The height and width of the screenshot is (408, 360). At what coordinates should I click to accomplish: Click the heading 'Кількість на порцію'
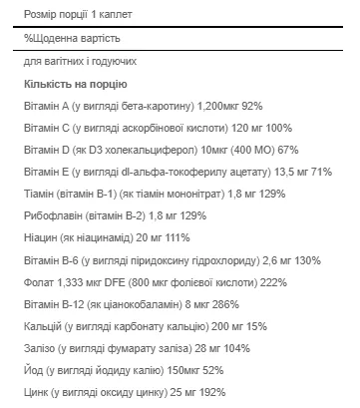point(75,86)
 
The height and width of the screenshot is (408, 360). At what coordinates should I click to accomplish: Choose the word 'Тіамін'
point(41,194)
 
